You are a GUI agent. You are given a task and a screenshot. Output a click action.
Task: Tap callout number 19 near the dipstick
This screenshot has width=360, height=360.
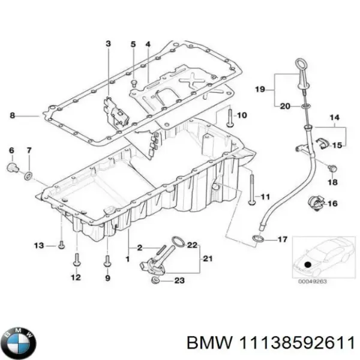(x=259, y=89)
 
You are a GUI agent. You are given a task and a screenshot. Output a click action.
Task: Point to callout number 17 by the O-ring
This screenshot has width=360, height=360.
(x=282, y=240)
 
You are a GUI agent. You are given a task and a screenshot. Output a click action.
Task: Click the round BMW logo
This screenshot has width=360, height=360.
(x=20, y=343)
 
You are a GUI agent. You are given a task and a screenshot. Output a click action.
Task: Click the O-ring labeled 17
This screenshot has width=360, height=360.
(x=257, y=241)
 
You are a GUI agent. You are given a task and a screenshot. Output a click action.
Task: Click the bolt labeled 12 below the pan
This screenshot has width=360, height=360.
(x=76, y=259)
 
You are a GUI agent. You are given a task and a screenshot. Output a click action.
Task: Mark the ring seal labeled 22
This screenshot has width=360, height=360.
(x=178, y=242)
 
